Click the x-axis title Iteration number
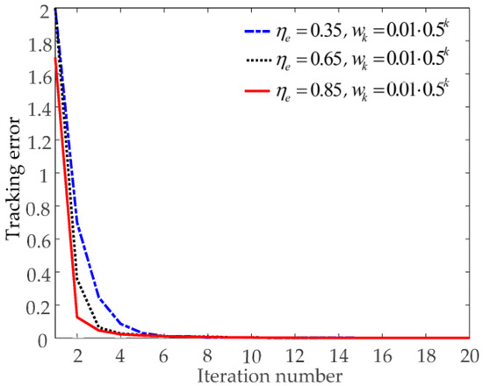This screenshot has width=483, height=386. coord(263,375)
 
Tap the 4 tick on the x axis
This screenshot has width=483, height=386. coord(120,353)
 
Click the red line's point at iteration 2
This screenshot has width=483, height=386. coord(77,317)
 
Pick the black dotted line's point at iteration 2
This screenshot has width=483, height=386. coord(77,279)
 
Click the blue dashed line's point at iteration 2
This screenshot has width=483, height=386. coord(77,222)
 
